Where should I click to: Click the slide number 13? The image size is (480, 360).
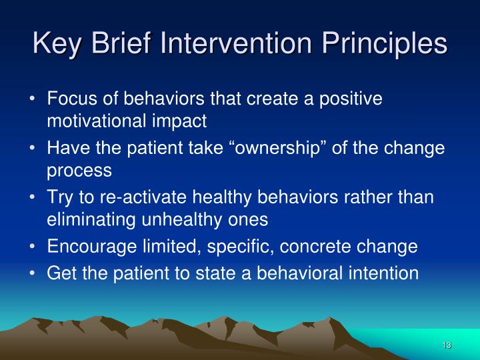(x=446, y=345)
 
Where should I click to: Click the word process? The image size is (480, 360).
(x=79, y=170)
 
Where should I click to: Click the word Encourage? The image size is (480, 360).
(x=89, y=246)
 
